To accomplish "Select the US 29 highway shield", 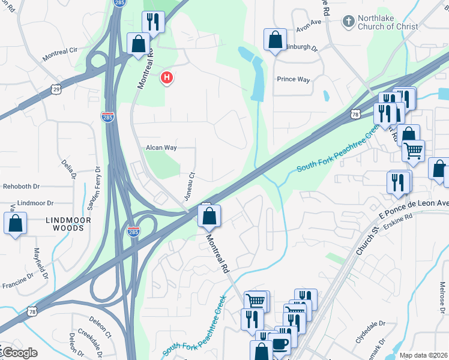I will pyautogui.click(x=56, y=88).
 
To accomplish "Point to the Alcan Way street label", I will pyautogui.click(x=161, y=147).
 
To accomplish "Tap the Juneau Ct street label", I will pyautogui.click(x=190, y=184).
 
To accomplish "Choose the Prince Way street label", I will pyautogui.click(x=292, y=79).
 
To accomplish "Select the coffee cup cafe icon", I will pyautogui.click(x=280, y=343).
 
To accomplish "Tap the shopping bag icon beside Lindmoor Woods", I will pyautogui.click(x=16, y=223).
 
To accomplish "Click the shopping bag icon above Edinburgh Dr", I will pyautogui.click(x=275, y=40).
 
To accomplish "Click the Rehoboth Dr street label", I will pyautogui.click(x=21, y=187).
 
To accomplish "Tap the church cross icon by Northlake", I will pyautogui.click(x=347, y=22).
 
